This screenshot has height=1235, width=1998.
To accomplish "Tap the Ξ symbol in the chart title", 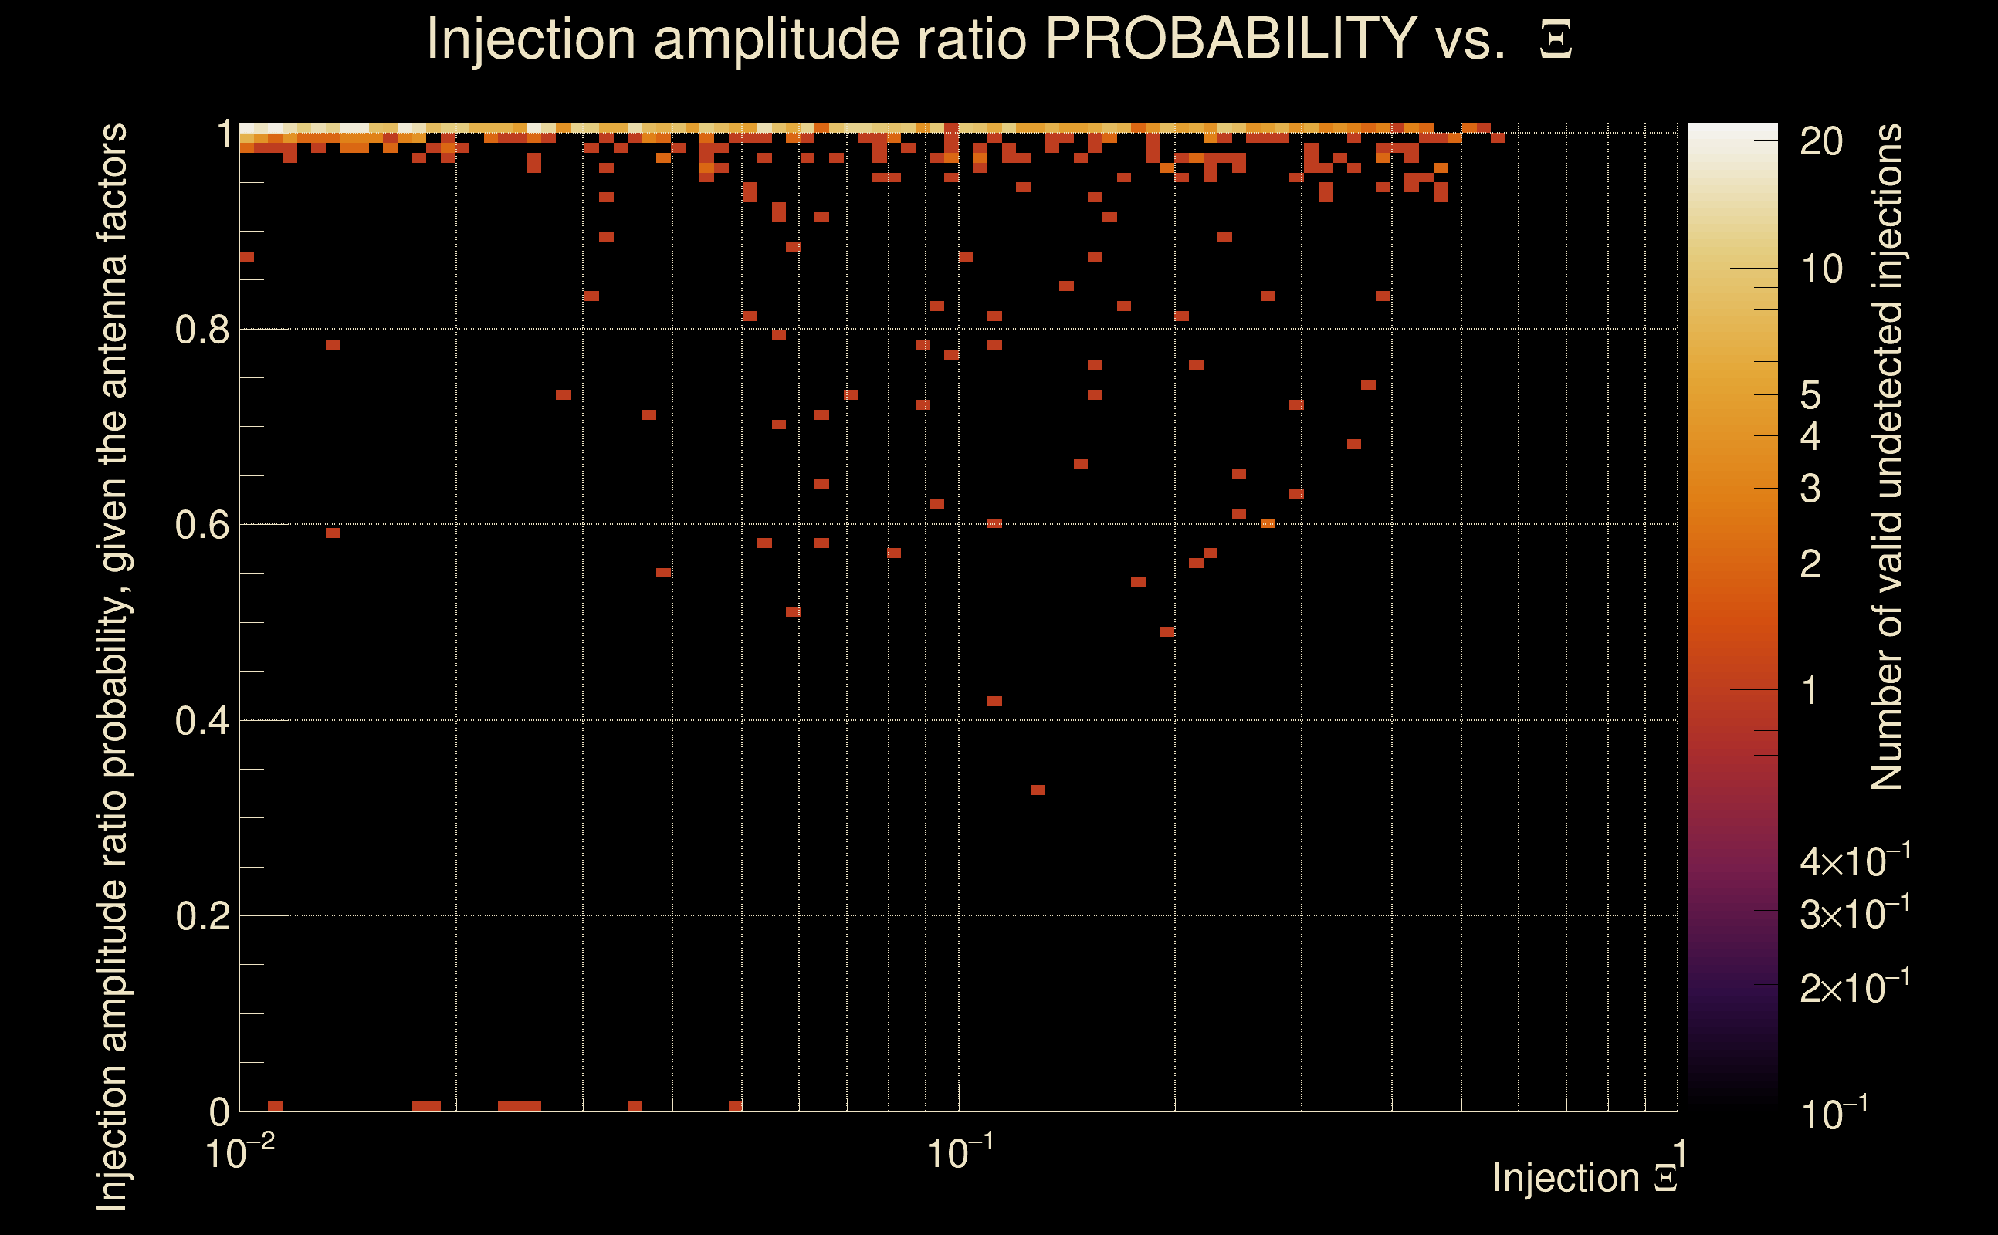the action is pyautogui.click(x=1556, y=39).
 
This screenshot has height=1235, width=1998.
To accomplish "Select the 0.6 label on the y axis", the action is pyautogui.click(x=201, y=524).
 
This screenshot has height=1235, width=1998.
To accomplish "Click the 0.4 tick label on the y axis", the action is pyautogui.click(x=201, y=720).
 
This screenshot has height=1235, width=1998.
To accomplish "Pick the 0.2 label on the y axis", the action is pyautogui.click(x=201, y=915).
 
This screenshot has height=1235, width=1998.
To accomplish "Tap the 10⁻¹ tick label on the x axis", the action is pyautogui.click(x=960, y=1152).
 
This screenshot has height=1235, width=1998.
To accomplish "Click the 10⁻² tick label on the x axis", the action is pyautogui.click(x=239, y=1152).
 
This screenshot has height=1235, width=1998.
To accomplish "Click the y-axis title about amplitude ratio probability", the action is pyautogui.click(x=112, y=666).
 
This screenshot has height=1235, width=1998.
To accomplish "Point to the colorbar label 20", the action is pyautogui.click(x=1820, y=142).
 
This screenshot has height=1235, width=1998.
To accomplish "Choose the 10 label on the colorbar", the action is pyautogui.click(x=1820, y=269).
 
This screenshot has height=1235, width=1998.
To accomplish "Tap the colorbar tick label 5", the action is pyautogui.click(x=1810, y=395).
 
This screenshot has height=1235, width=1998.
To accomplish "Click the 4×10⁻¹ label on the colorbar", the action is pyautogui.click(x=1855, y=860).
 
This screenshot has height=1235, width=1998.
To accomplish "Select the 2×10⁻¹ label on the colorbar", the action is pyautogui.click(x=1855, y=986).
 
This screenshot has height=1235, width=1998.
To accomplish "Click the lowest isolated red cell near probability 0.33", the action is pyautogui.click(x=1038, y=790).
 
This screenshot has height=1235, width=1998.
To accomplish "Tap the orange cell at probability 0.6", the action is pyautogui.click(x=1268, y=523).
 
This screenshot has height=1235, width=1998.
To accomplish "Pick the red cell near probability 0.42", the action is pyautogui.click(x=994, y=701).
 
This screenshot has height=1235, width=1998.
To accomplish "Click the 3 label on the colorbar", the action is pyautogui.click(x=1810, y=489).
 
